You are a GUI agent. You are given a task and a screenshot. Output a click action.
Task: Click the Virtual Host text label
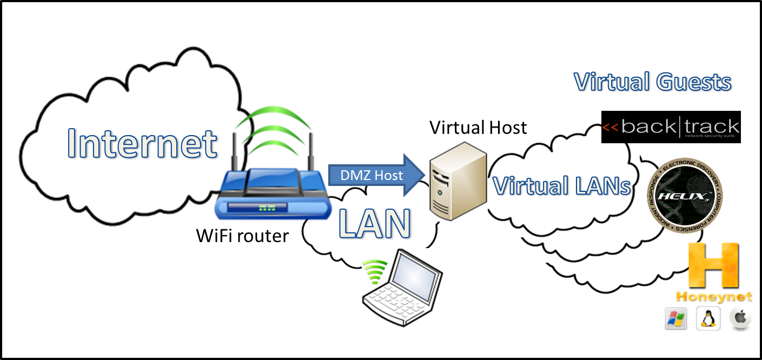(x=478, y=128)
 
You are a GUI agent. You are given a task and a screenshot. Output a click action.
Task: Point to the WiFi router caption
(x=242, y=236)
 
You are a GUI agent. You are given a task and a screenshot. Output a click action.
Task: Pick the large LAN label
(x=374, y=223)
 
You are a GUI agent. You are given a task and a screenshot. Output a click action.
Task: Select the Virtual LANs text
(x=562, y=186)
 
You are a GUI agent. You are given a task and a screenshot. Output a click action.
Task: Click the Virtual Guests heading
(x=652, y=83)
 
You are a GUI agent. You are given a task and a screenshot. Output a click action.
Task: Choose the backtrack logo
(x=671, y=128)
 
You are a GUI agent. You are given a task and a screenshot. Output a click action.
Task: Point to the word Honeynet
(x=714, y=297)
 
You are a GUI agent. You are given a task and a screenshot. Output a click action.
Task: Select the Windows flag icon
(x=675, y=319)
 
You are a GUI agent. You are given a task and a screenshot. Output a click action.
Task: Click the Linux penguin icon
(x=707, y=319)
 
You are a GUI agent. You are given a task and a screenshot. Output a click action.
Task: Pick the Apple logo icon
(x=740, y=318)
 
